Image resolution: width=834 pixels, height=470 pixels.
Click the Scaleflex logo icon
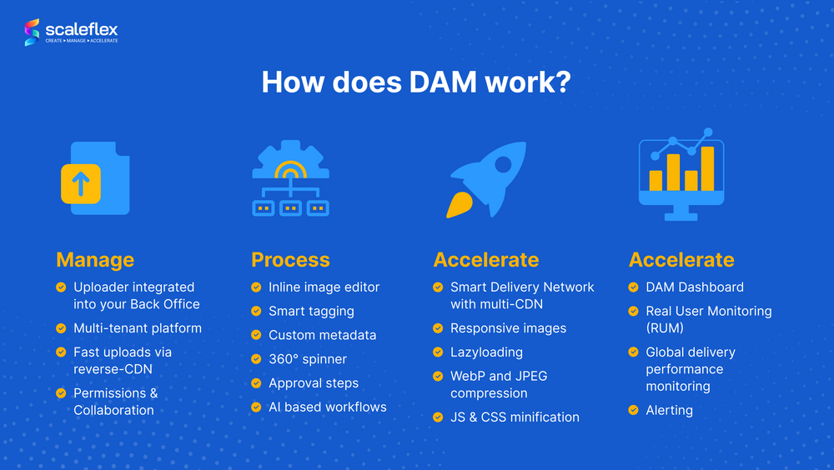(32, 32)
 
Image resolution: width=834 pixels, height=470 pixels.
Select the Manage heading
(95, 260)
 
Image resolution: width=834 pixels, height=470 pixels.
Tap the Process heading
(290, 260)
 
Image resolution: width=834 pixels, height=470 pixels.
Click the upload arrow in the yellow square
(81, 183)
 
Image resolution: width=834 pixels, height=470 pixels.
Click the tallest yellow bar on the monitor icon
(707, 168)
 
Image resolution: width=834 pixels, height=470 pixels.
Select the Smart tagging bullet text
(311, 311)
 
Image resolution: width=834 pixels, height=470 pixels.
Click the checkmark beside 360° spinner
(256, 359)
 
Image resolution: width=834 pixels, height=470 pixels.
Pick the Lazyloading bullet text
(487, 352)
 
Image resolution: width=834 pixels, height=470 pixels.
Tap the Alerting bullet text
(669, 410)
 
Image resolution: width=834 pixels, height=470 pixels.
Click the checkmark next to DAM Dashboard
(634, 287)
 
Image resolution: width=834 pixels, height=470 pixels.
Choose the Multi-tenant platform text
(138, 328)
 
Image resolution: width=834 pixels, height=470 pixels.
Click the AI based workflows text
(328, 407)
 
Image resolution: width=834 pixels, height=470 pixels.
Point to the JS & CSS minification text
(515, 417)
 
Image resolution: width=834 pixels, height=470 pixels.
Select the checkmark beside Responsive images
(439, 328)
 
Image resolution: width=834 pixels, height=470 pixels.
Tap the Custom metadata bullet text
(322, 335)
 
